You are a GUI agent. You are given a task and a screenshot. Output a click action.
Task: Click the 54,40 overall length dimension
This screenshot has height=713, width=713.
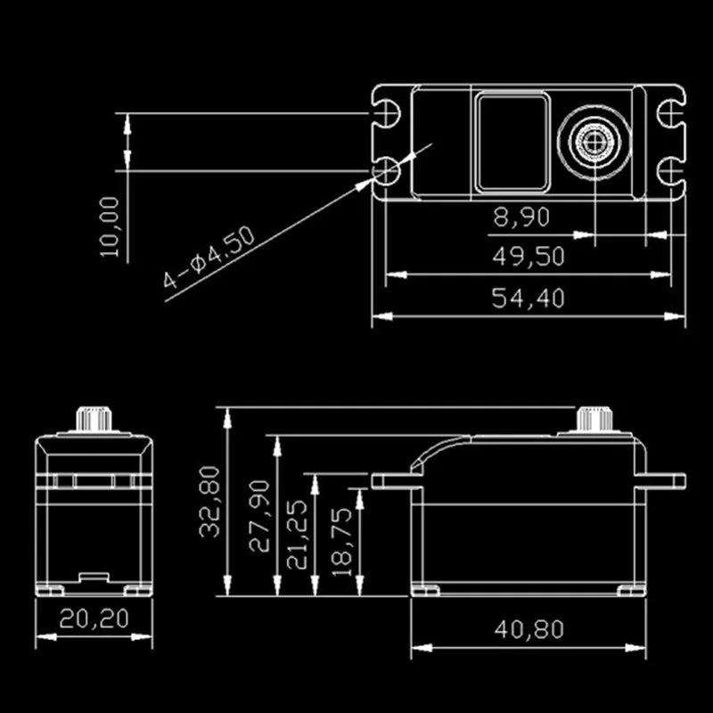[529, 299]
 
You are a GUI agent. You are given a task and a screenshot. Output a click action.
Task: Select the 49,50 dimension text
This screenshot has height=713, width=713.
[529, 257]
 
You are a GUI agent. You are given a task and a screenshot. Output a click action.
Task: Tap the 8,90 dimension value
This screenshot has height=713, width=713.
[521, 216]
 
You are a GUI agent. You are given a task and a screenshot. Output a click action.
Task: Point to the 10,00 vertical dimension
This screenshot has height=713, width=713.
[110, 227]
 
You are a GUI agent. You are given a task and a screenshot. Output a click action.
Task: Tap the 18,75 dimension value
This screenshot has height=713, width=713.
[347, 551]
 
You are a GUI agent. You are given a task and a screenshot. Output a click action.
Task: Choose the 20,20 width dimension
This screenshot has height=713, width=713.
[94, 618]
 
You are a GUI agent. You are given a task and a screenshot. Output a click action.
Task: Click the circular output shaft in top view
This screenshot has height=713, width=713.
[594, 140]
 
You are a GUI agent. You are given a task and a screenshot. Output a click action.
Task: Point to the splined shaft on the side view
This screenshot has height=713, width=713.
[591, 420]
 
